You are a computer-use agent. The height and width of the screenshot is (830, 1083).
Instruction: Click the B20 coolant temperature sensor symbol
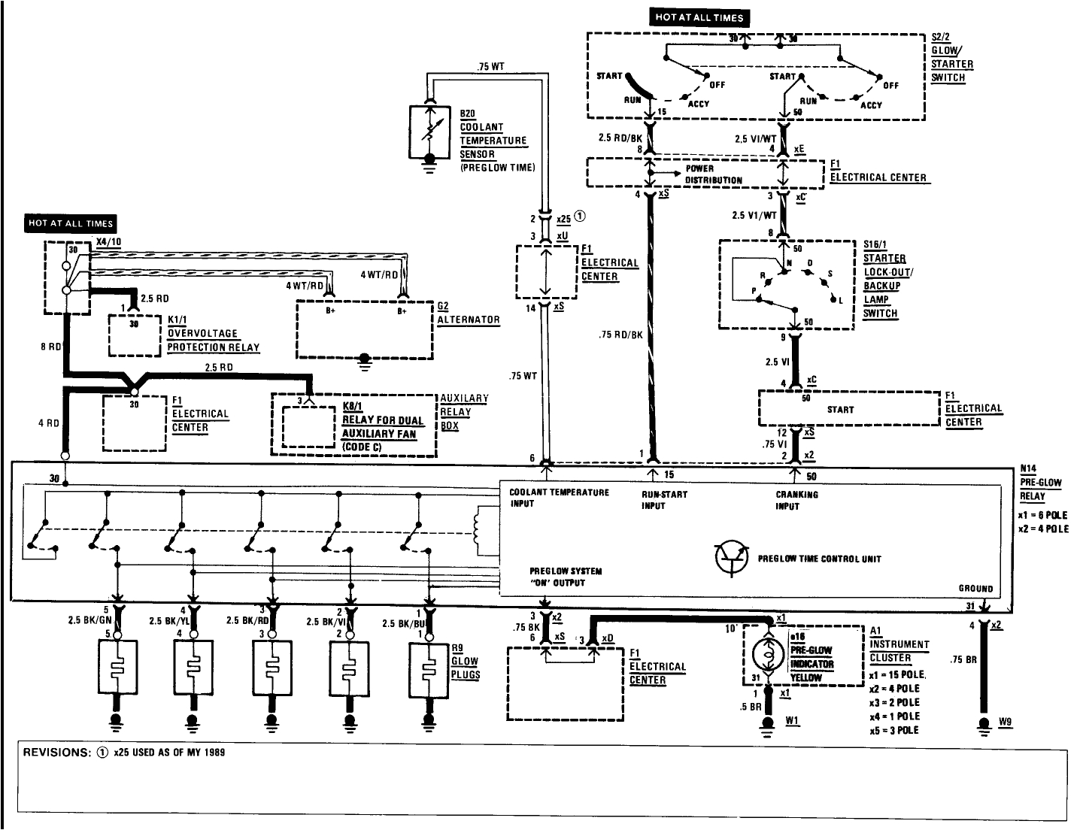(x=429, y=132)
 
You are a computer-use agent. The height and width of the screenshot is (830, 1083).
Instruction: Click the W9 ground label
(x=1006, y=722)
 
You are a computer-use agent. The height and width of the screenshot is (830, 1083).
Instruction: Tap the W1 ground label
(x=792, y=720)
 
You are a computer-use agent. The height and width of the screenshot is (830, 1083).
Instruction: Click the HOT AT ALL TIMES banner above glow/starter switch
(x=699, y=17)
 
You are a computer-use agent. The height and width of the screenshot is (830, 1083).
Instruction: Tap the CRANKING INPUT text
(x=796, y=500)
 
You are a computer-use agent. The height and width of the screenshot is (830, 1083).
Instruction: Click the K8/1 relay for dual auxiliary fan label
(x=382, y=427)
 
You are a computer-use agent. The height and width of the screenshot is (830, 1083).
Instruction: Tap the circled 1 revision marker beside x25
(x=580, y=216)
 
